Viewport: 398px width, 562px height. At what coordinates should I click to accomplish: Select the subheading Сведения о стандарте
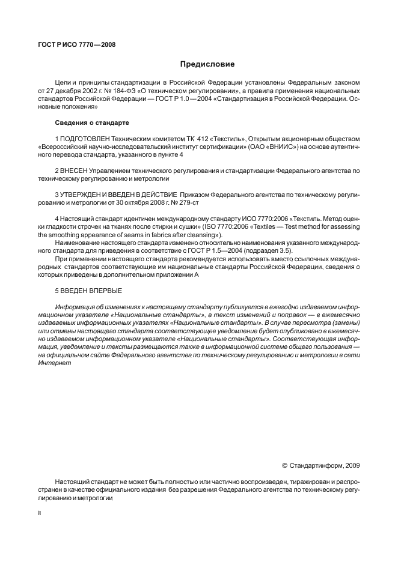click(92, 123)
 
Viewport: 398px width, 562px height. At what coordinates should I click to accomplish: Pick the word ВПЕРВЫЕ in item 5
click(105, 290)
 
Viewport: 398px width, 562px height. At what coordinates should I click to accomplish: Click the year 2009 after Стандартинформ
click(352, 465)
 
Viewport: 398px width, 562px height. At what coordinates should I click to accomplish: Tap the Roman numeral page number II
click(39, 515)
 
